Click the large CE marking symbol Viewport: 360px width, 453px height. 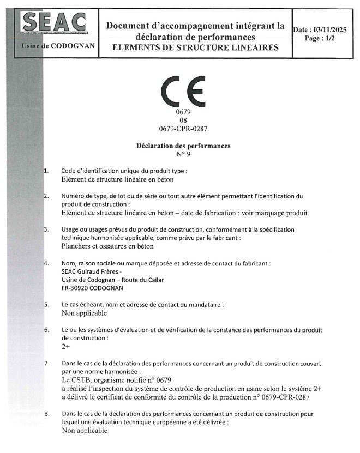(183, 91)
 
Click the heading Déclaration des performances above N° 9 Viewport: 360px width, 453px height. (183, 146)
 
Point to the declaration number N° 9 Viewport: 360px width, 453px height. (183, 154)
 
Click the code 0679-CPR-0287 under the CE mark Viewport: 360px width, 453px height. (183, 129)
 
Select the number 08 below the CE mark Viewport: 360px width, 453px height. (183, 120)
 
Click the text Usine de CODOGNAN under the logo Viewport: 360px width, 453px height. (57, 47)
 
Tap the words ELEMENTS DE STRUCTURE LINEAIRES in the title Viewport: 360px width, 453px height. (195, 48)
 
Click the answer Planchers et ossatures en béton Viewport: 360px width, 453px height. (107, 246)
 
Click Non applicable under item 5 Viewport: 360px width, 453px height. (85, 313)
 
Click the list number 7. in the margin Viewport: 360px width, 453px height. (47, 363)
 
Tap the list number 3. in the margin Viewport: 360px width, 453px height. (47, 229)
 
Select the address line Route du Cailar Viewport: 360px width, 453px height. (113, 280)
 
